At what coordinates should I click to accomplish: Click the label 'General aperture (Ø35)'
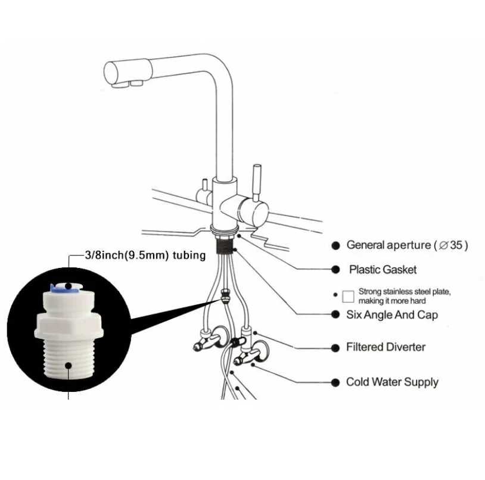tap(407, 245)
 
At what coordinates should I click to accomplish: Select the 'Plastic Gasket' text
tap(383, 270)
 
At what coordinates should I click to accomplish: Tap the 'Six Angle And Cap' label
tap(391, 314)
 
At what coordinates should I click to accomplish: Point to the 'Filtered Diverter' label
tap(385, 347)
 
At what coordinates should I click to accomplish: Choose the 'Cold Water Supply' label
tap(392, 382)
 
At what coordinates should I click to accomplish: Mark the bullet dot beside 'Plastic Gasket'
tap(335, 270)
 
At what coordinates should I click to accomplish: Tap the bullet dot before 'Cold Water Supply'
tap(335, 382)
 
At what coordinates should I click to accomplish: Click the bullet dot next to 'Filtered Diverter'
tap(335, 347)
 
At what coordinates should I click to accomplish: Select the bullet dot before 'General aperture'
tap(335, 245)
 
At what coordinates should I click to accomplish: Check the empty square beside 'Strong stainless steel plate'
tap(349, 296)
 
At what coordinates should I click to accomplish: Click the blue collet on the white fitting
tap(63, 287)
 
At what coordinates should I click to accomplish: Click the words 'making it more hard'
tap(392, 301)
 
